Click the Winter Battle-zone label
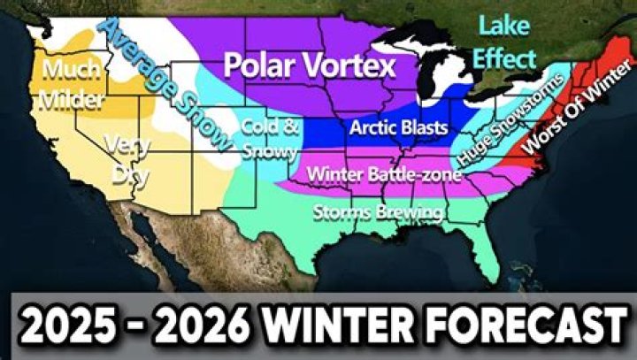pyautogui.click(x=383, y=175)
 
